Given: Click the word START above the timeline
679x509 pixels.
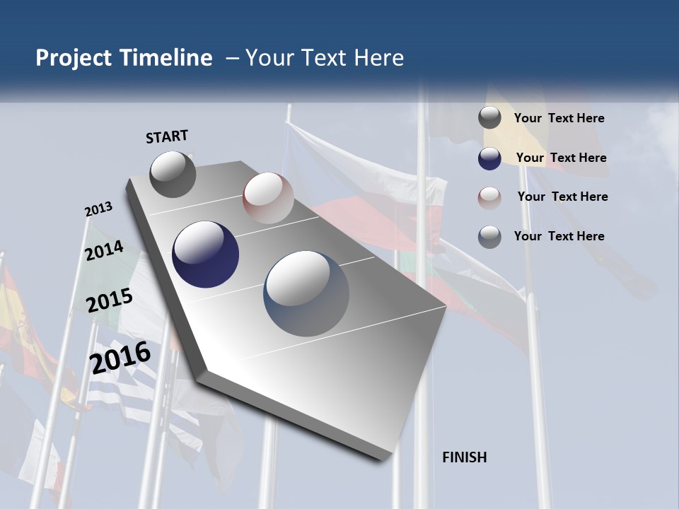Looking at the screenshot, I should coord(167,136).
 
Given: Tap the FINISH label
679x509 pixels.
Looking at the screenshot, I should coord(464,457).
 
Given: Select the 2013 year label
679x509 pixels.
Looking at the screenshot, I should coord(98,209).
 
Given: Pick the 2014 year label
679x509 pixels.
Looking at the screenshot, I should coord(104,250).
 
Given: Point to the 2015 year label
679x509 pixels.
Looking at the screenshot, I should coord(110,300).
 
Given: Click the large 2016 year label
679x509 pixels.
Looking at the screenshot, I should coord(121,357).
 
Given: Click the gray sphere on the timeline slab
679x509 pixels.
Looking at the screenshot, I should coord(173,174).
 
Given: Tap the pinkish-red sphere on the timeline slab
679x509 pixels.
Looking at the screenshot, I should coord(268,198).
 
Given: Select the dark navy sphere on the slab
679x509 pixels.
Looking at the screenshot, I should coord(205,255).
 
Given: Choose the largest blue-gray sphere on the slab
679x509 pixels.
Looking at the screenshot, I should coord(306,293).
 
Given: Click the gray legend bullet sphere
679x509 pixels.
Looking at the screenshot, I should coord(489,118).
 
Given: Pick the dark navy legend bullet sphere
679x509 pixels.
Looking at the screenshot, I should coord(489,158).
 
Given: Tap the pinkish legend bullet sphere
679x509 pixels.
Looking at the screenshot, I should coord(489,197).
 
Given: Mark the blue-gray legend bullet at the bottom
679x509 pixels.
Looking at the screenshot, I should coord(489,237).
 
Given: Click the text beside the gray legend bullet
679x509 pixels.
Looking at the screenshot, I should coord(559,119).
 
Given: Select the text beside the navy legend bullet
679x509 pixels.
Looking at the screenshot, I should coord(561,158).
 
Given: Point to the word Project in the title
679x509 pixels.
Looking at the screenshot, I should coord(74,58).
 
